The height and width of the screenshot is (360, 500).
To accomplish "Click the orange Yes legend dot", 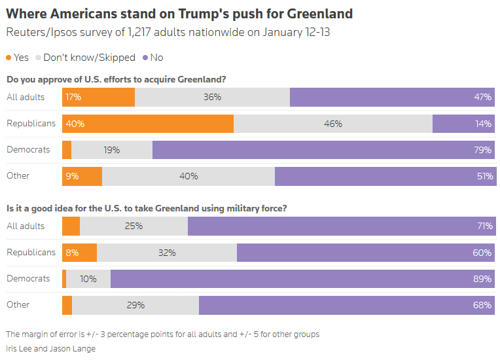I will [9, 58].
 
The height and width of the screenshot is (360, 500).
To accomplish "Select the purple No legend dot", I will [145, 58].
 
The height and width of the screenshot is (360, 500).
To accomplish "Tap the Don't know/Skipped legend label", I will [89, 58].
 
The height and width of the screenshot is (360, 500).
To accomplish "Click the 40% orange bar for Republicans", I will [148, 124].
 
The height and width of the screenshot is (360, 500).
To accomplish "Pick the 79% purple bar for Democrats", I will [323, 150].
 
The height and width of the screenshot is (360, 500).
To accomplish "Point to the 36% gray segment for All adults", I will [212, 98].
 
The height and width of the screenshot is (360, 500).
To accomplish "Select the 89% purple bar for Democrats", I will [302, 279].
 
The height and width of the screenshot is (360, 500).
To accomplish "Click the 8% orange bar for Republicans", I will [79, 253].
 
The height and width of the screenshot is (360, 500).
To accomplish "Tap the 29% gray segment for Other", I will [135, 305].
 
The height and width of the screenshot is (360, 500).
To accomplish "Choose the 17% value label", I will [73, 98].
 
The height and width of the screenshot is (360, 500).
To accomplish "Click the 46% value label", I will [333, 124].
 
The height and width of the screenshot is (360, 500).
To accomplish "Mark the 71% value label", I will [484, 226].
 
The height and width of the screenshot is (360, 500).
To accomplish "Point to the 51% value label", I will [484, 176].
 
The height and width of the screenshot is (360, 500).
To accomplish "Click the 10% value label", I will [88, 279].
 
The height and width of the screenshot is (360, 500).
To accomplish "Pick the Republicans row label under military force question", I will [31, 252].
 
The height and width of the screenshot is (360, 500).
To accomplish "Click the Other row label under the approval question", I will [18, 175].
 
